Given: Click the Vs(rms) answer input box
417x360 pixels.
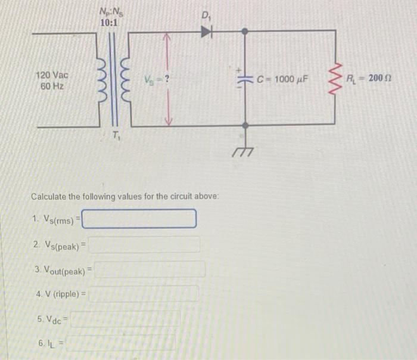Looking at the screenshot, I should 139,219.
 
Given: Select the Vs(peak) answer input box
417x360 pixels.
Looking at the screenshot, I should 144,244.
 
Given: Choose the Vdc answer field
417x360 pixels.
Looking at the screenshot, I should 126,319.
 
